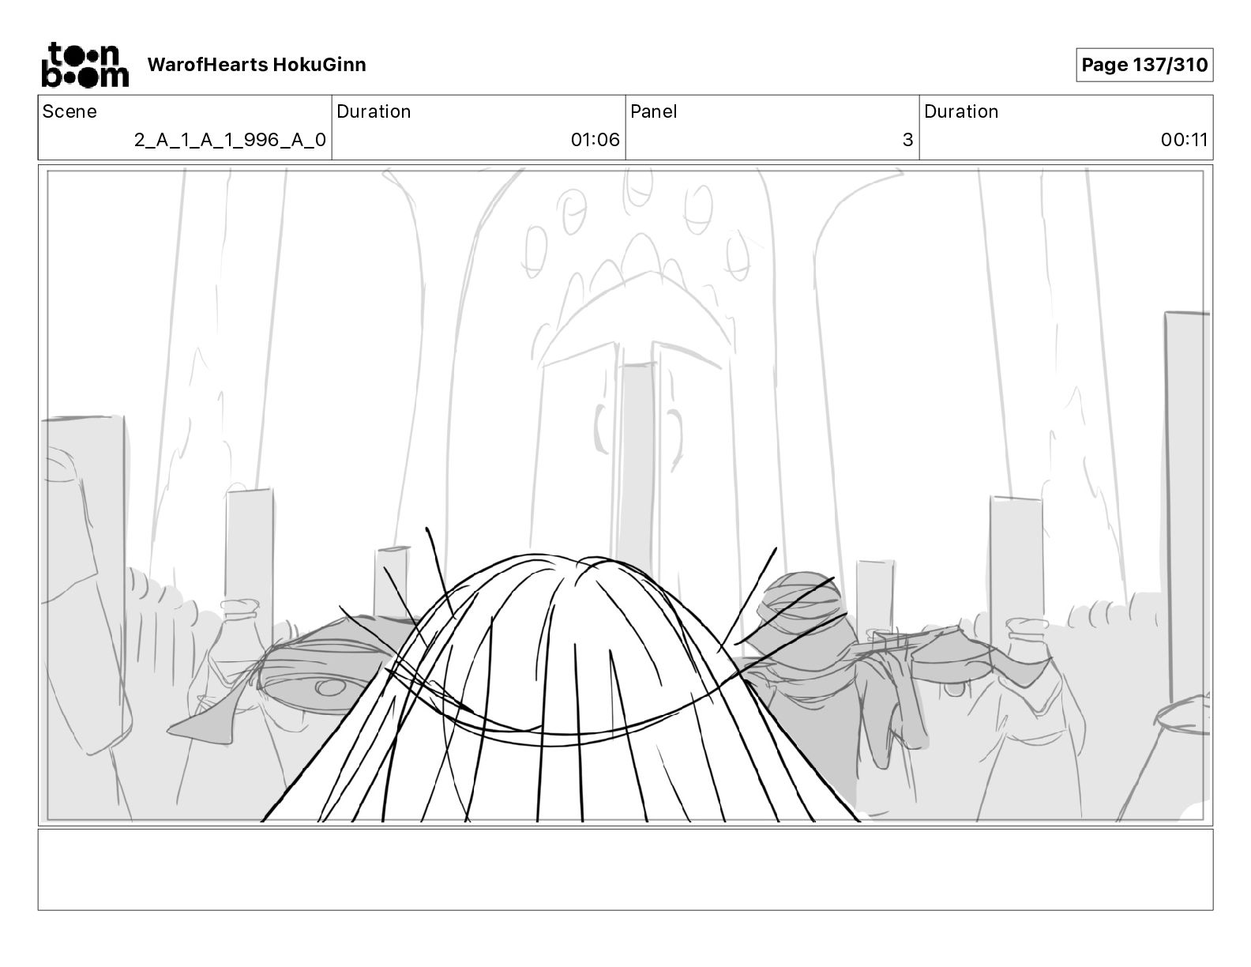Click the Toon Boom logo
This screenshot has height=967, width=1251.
[x=85, y=65]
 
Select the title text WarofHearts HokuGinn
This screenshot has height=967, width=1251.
[x=257, y=65]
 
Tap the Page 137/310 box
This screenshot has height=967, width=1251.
[x=1144, y=65]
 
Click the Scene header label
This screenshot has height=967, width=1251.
[x=69, y=111]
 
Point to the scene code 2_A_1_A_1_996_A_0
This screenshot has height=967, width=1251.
[x=230, y=140]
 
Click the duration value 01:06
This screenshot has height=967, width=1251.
[x=595, y=140]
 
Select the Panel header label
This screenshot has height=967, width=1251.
[x=653, y=111]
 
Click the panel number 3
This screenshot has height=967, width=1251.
[x=907, y=140]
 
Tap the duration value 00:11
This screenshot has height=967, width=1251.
[x=1184, y=140]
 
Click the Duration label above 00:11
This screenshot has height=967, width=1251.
[x=960, y=111]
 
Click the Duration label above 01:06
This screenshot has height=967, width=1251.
[x=373, y=111]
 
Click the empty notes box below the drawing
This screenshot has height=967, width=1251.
[x=625, y=869]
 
